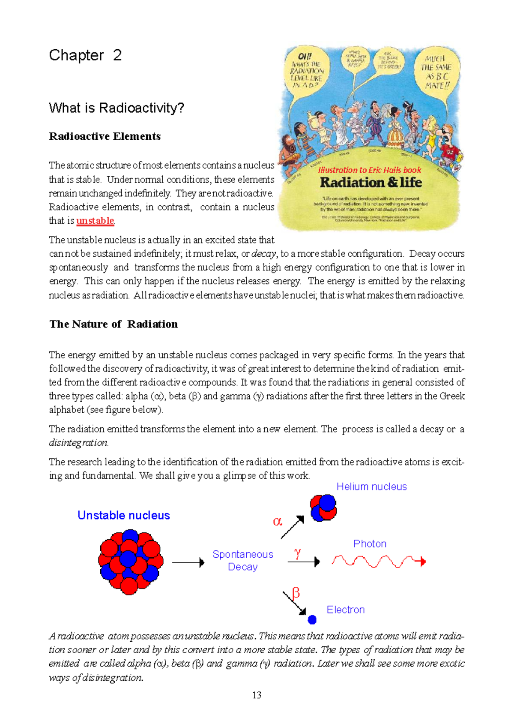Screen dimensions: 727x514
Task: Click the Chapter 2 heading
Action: coord(85,55)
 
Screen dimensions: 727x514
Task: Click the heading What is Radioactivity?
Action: coord(117,108)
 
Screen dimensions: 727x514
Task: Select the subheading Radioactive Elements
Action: coord(105,136)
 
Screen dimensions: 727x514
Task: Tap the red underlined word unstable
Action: coord(95,221)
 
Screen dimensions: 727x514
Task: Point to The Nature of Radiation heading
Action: coord(114,324)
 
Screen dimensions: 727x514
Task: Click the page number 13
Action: coord(257,695)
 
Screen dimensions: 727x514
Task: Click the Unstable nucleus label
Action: coord(123,515)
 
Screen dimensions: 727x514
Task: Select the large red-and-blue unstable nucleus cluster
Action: coord(130,561)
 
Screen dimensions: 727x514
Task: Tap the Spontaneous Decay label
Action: coord(242,560)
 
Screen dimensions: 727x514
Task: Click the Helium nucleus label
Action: coord(371,487)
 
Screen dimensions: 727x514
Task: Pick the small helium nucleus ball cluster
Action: coord(323,508)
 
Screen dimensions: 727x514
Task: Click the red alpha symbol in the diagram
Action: coord(278,521)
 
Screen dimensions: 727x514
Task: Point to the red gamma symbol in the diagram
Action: coord(297,553)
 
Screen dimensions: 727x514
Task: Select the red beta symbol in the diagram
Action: coord(296,593)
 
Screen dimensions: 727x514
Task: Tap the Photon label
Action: coord(370,544)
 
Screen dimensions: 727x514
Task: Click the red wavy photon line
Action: coord(377,561)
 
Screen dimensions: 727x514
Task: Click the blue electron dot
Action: coord(312,619)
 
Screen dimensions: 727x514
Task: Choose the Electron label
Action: coord(345,610)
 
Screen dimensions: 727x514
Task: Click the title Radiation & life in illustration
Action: coord(371,182)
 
